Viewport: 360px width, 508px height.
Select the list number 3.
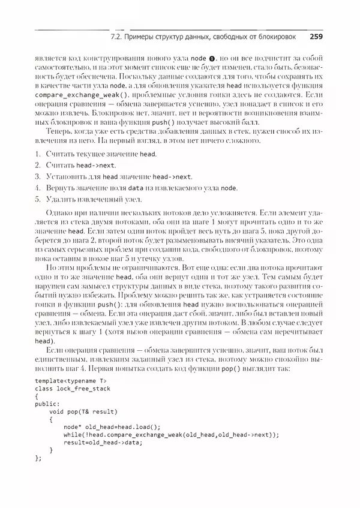[x=38, y=177]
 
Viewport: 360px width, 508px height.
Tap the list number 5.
[x=38, y=199]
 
